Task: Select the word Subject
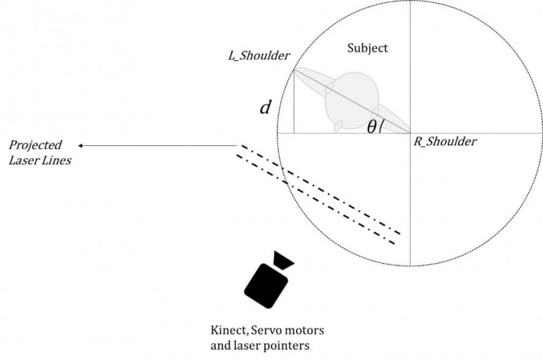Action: click(x=367, y=48)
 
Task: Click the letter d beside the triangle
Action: click(x=267, y=107)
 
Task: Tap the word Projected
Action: click(x=35, y=145)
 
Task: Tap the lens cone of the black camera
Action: click(x=282, y=259)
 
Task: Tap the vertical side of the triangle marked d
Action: click(x=293, y=102)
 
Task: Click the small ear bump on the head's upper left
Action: click(x=329, y=88)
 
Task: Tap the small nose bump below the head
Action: click(x=337, y=126)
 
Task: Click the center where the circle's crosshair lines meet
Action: click(x=411, y=133)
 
